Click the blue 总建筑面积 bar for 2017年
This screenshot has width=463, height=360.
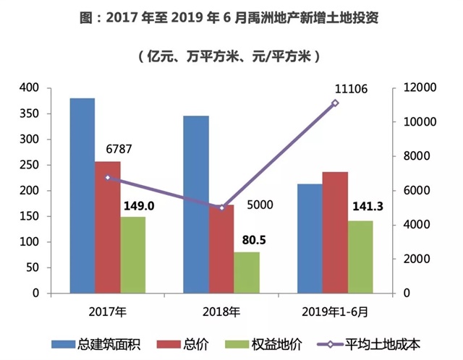coord(82,195)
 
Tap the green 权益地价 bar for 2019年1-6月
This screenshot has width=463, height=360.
coord(360,257)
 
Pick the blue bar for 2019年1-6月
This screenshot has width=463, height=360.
coord(310,239)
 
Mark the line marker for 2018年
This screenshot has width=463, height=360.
coord(222,208)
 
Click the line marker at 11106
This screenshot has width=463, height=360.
coord(335,103)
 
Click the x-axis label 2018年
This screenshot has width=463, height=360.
coord(221,312)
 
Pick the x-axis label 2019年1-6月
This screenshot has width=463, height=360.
coord(335,312)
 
